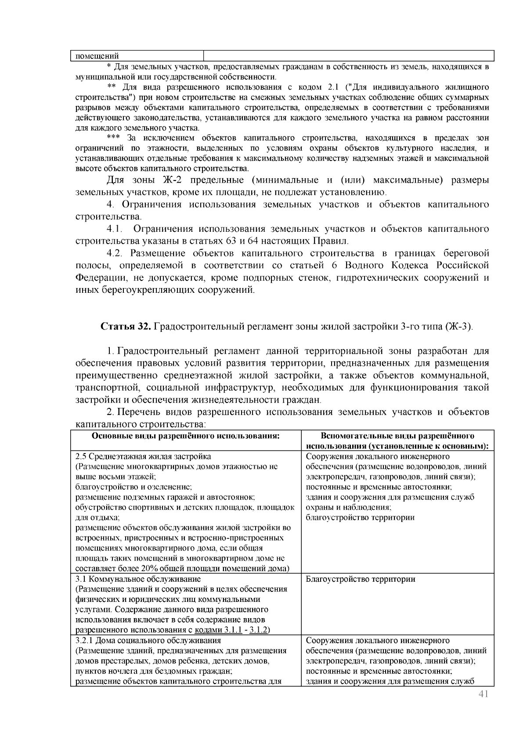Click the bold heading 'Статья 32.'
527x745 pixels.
[x=127, y=327]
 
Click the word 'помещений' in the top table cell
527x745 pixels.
[x=95, y=56]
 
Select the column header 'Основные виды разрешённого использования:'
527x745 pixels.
[x=186, y=436]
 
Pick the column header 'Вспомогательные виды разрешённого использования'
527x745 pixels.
[x=397, y=441]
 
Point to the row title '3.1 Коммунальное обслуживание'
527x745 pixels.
[x=138, y=579]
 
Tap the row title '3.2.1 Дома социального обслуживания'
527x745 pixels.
[x=148, y=641]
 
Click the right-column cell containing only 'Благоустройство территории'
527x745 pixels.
[x=360, y=579]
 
